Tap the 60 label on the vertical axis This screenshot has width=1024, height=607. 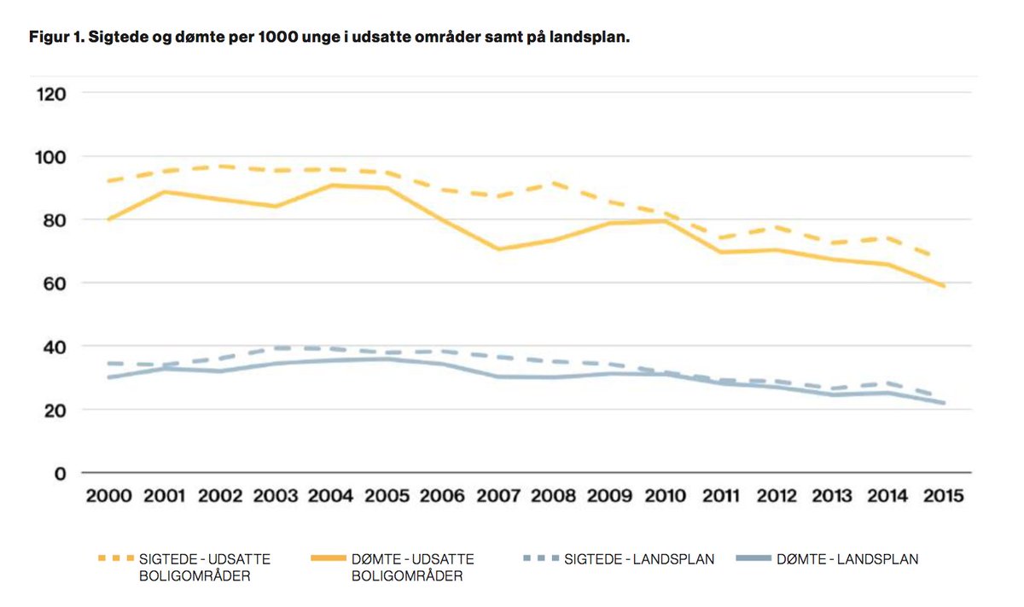(x=54, y=283)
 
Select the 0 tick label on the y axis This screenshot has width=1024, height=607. (x=61, y=473)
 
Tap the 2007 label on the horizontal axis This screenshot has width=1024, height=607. (x=497, y=496)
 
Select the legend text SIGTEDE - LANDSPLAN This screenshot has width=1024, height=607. (x=639, y=560)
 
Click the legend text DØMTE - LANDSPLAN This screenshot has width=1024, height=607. (x=847, y=560)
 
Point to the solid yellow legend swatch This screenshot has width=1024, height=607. (x=328, y=559)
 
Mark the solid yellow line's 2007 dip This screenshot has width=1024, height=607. (x=497, y=249)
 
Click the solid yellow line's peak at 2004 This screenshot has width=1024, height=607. (x=331, y=184)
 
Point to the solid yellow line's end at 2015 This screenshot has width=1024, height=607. (x=944, y=286)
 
